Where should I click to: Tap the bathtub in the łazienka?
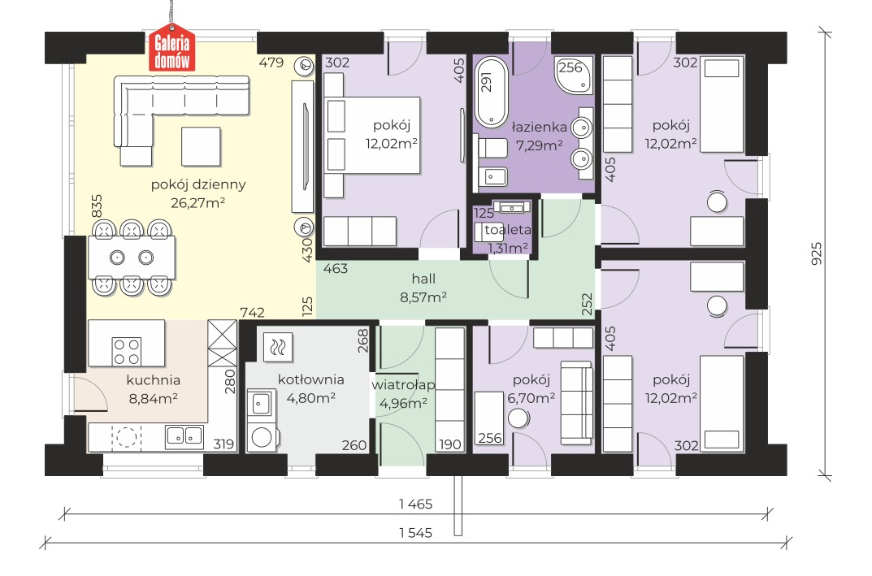[x=492, y=91]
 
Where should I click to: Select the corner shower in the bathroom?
[x=573, y=75]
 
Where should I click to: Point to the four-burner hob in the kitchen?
[x=127, y=351]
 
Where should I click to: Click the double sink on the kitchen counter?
[x=184, y=437]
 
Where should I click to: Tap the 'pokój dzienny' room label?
[x=198, y=184]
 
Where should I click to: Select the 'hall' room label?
[x=423, y=279]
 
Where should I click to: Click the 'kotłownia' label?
[x=311, y=379]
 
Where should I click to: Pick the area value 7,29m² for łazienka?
[x=539, y=145]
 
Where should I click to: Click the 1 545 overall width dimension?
[x=415, y=533]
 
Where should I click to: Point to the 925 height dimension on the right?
[x=817, y=253]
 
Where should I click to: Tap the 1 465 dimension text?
[x=415, y=505]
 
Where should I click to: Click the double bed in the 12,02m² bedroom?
[x=371, y=135]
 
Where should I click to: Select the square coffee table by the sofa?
[x=201, y=146]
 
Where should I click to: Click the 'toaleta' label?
[x=508, y=230]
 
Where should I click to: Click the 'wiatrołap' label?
[x=403, y=385]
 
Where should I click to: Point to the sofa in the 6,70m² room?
[x=576, y=402]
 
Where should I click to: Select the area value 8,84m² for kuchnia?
[x=153, y=398]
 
